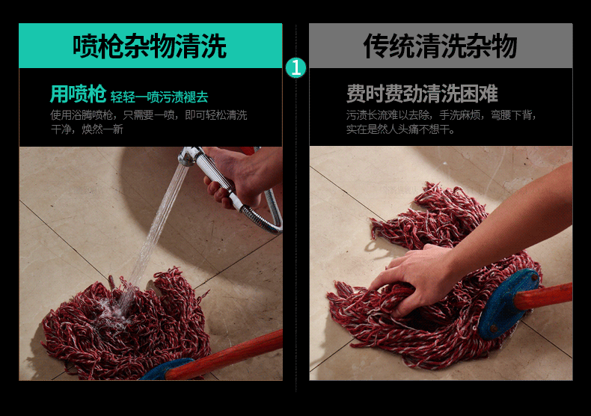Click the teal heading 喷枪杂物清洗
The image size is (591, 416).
[x=150, y=46]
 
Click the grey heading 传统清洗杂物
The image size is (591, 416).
[x=440, y=46]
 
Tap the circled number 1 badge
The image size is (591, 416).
[x=295, y=68]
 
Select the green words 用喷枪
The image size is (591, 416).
[x=78, y=94]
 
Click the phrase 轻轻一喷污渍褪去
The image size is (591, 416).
[x=159, y=97]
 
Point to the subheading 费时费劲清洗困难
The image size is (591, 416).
[x=422, y=94]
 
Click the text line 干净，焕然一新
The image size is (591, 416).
[x=87, y=129]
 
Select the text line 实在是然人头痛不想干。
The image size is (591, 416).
[x=401, y=129]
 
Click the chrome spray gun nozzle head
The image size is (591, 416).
[x=190, y=156]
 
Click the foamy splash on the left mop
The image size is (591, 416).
[x=113, y=309]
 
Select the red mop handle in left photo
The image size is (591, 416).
[x=225, y=354]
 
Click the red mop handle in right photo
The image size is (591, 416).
[x=544, y=296]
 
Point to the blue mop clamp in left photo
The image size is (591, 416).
[x=166, y=370]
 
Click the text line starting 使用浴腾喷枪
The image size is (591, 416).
[x=149, y=115]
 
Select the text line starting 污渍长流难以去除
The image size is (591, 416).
[x=441, y=115]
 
